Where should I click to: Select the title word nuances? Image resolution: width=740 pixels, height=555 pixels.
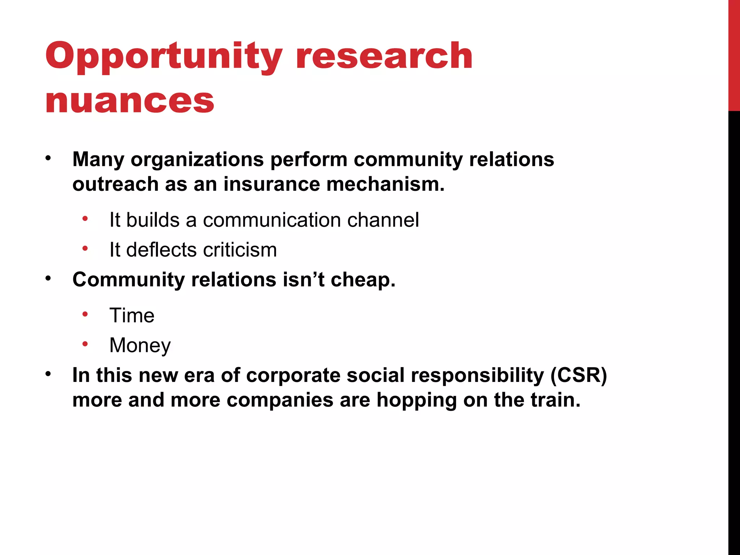(130, 101)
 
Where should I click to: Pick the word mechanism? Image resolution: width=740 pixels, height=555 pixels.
(385, 184)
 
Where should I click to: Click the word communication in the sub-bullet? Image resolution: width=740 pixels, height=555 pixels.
(272, 220)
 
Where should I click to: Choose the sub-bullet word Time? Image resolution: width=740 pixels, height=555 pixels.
(132, 315)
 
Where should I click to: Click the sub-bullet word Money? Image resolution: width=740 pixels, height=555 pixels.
(140, 345)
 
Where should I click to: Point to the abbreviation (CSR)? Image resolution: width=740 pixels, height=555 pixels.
(578, 375)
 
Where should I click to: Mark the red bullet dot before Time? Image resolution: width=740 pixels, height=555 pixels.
(85, 314)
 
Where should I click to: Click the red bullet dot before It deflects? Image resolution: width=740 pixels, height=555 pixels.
(85, 249)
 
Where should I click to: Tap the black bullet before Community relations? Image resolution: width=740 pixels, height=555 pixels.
(48, 279)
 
